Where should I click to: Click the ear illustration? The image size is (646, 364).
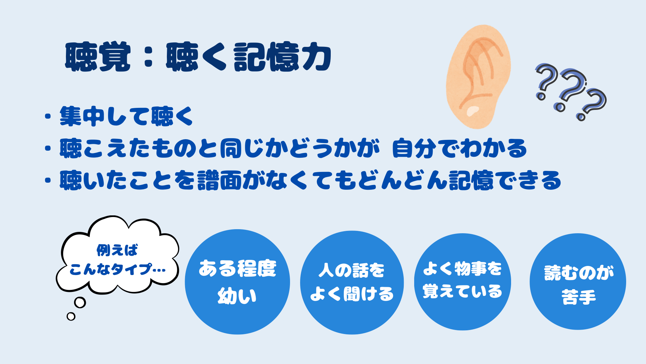[478, 77]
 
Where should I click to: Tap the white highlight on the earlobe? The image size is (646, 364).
[473, 111]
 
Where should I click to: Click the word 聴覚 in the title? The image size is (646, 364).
[98, 57]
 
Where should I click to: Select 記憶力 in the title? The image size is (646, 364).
[283, 57]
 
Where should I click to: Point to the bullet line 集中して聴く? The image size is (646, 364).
[126, 116]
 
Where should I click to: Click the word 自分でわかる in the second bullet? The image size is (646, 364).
[459, 148]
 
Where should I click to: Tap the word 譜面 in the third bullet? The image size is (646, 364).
[219, 180]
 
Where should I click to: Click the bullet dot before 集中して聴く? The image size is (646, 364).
[48, 116]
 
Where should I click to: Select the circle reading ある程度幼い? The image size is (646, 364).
[237, 282]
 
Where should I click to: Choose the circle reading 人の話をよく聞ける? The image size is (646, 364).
[352, 282]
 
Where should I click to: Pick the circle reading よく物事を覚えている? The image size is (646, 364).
[463, 282]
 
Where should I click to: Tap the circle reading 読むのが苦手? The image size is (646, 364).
[578, 281]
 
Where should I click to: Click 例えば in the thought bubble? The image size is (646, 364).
[117, 250]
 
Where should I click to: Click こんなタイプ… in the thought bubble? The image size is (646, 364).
[117, 269]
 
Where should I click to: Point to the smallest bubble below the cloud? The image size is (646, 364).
[71, 316]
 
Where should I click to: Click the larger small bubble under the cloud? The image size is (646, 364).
[80, 302]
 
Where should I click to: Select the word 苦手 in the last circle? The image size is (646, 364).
[578, 297]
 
